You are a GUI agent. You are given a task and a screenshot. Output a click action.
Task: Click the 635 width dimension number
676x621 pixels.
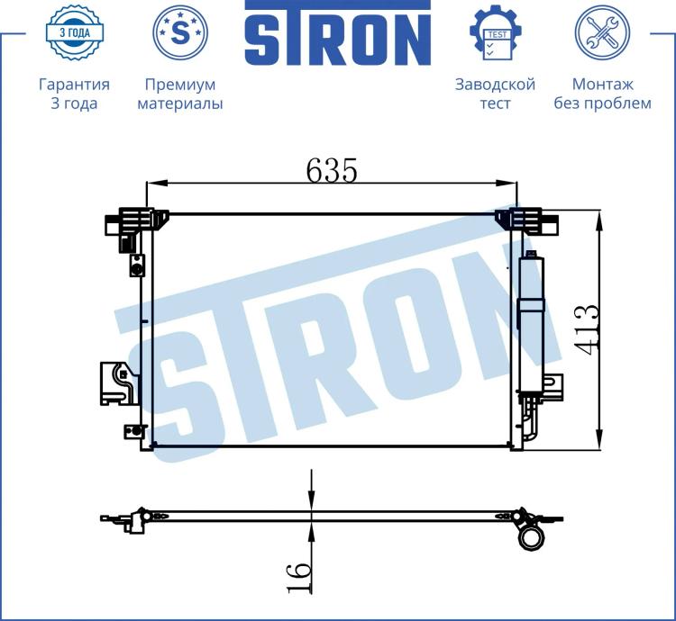coord(332,170)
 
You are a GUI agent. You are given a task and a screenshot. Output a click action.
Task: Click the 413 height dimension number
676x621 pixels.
coord(587,329)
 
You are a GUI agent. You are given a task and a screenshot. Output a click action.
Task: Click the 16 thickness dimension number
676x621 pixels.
coord(299,578)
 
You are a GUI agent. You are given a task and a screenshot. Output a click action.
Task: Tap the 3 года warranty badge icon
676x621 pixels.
coord(74,32)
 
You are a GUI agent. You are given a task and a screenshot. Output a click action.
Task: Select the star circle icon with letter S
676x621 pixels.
coord(180,31)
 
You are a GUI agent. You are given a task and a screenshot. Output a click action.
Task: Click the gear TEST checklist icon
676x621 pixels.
coord(496,32)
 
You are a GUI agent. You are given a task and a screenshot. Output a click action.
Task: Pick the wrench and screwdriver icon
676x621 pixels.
coord(602,32)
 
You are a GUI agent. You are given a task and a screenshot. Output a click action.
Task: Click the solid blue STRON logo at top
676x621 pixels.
coord(338,33)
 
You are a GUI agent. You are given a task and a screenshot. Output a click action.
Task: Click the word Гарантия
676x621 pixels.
coord(74,85)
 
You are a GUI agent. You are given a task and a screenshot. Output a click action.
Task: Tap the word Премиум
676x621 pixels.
coord(180,85)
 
